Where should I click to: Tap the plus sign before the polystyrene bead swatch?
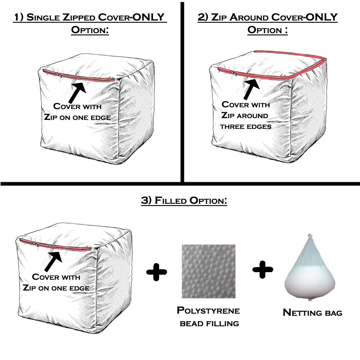pyautogui.click(x=157, y=271)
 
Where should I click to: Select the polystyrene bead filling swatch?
pyautogui.click(x=208, y=271)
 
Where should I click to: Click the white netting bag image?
pyautogui.click(x=308, y=274)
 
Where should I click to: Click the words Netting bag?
pyautogui.click(x=312, y=312)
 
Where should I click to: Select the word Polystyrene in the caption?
pyautogui.click(x=208, y=311)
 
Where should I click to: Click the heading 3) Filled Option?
pyautogui.click(x=184, y=201)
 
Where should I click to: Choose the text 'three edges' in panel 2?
pyautogui.click(x=246, y=127)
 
